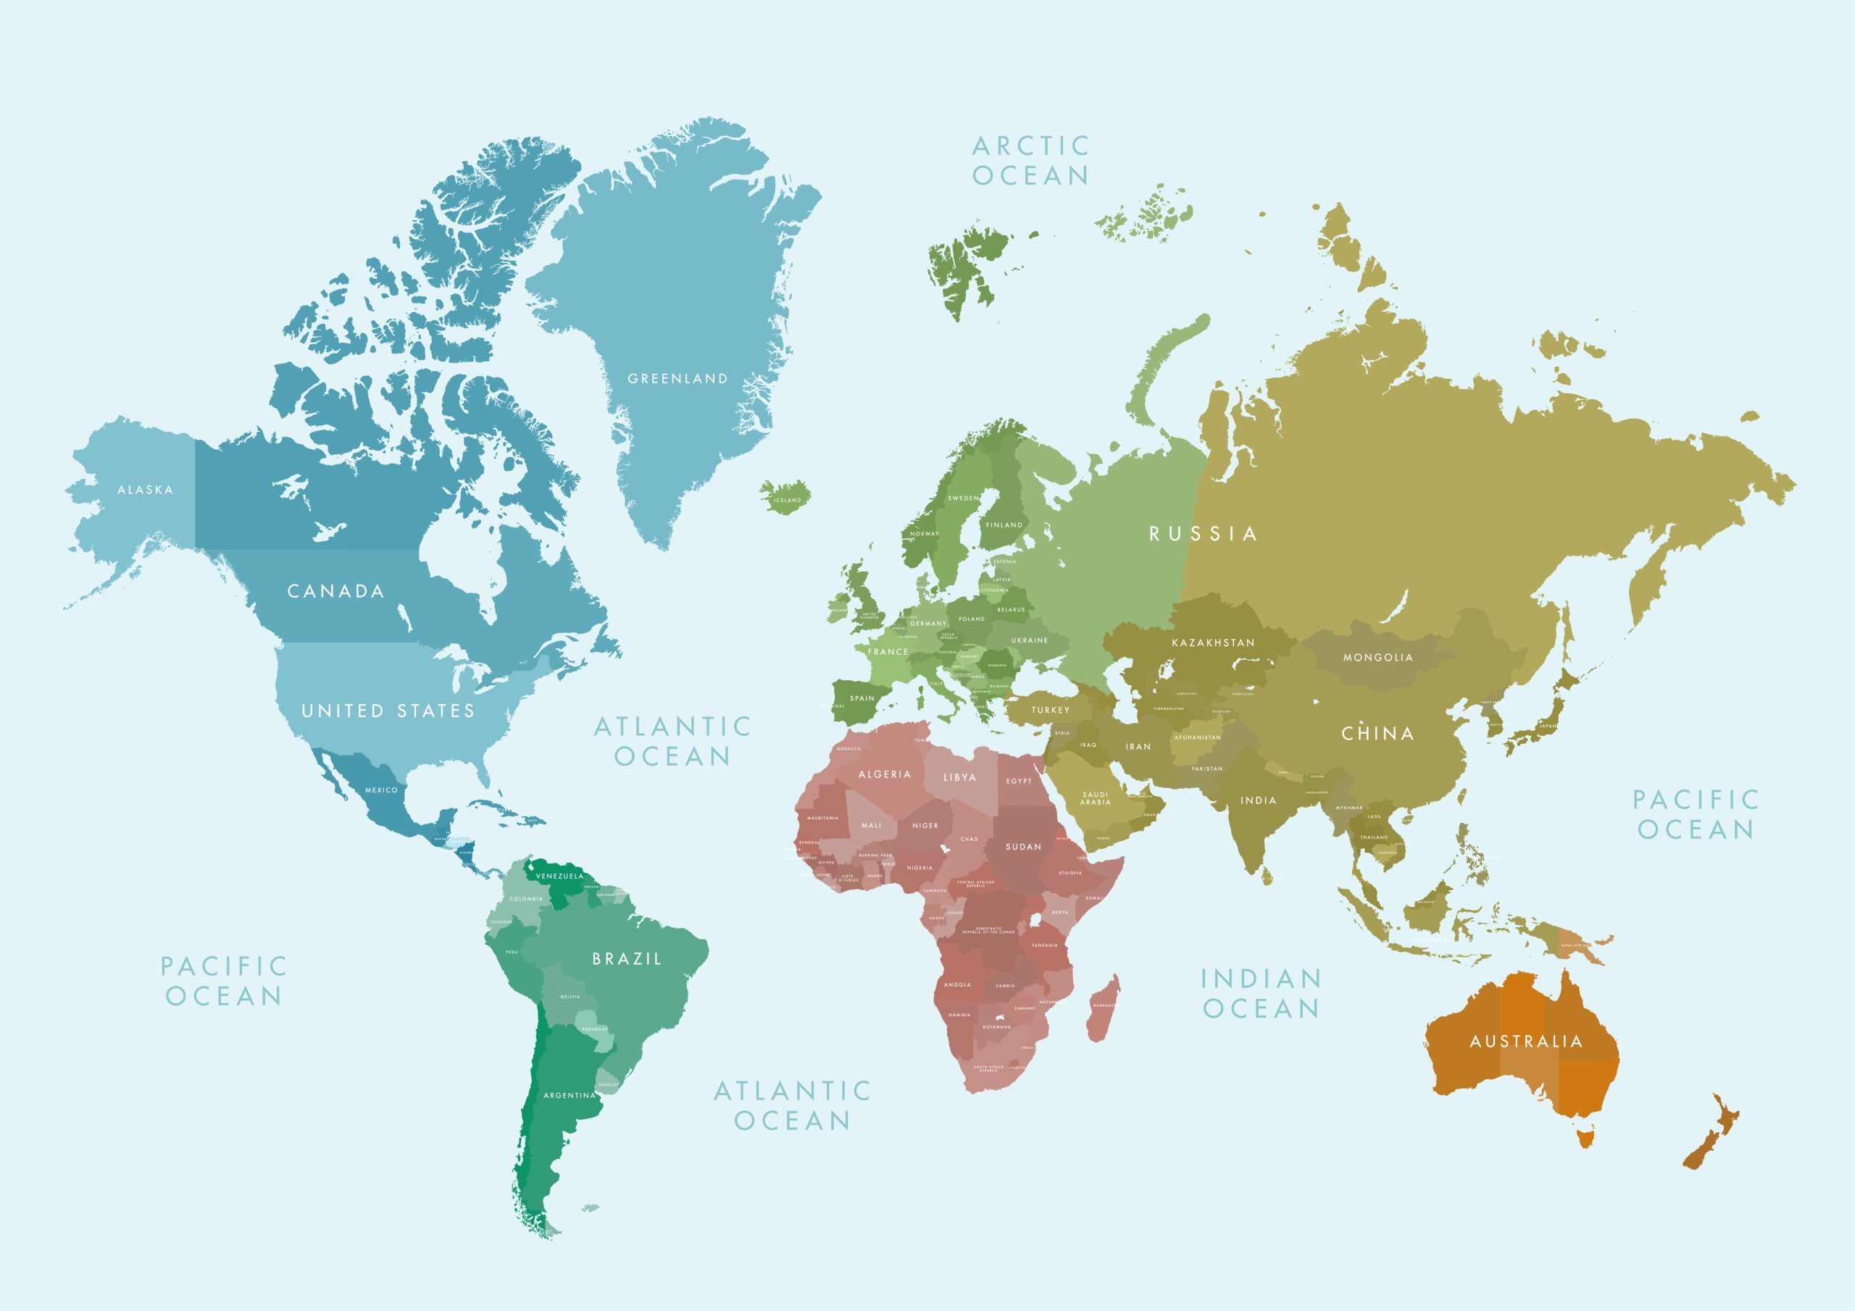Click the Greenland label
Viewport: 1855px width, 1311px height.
(x=677, y=378)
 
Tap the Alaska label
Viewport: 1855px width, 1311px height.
(x=146, y=490)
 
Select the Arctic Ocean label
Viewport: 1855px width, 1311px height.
(x=1030, y=161)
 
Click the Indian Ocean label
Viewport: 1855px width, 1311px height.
(x=1260, y=993)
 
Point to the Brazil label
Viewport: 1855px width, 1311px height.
(x=627, y=959)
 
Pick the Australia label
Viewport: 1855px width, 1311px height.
(x=1525, y=1042)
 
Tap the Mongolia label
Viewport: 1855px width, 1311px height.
(x=1377, y=658)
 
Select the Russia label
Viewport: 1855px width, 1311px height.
(x=1203, y=533)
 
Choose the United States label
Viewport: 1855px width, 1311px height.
(x=388, y=711)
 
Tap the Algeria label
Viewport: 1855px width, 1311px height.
(x=884, y=774)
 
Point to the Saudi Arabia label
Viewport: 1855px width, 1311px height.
(x=1095, y=798)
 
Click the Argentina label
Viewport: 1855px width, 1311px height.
(x=569, y=1095)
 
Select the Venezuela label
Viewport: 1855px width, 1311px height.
(x=559, y=876)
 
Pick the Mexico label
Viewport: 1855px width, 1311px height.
(x=381, y=790)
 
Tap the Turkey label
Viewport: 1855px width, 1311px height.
(x=1050, y=710)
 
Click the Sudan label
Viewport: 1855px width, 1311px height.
(x=1023, y=847)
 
